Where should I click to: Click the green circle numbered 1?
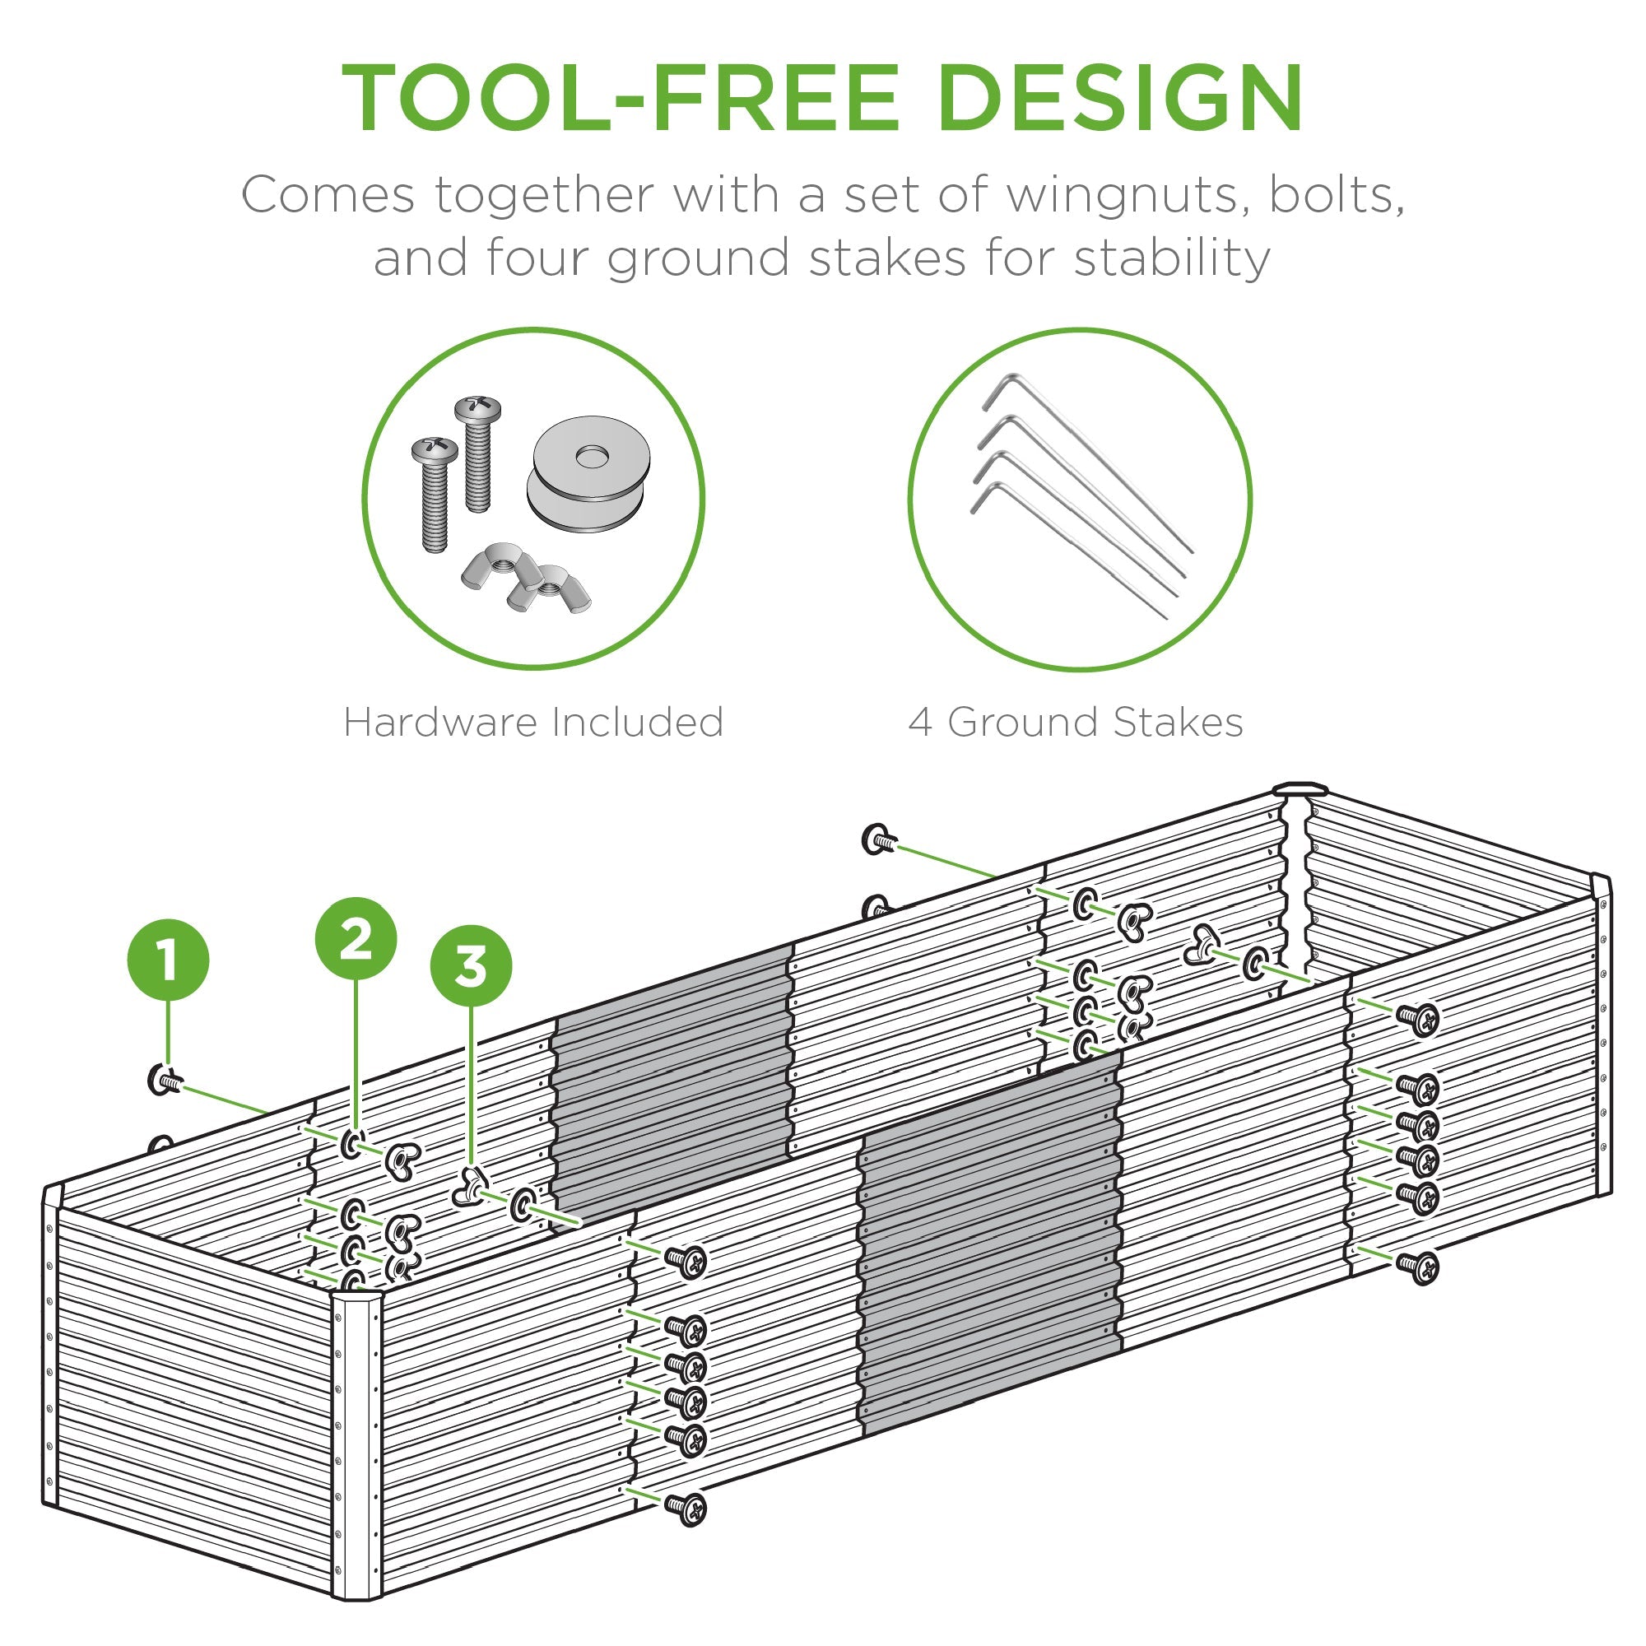(x=168, y=960)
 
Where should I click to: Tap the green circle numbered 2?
(x=356, y=939)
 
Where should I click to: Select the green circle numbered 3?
(x=470, y=967)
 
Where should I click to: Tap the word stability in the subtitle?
(x=1170, y=258)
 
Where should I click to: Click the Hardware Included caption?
(x=533, y=723)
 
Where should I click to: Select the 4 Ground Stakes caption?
(x=1075, y=723)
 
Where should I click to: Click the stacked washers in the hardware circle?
(x=588, y=474)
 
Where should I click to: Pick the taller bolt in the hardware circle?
(x=478, y=452)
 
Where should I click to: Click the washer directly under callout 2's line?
(x=354, y=1144)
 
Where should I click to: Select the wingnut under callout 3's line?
(x=468, y=1187)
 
